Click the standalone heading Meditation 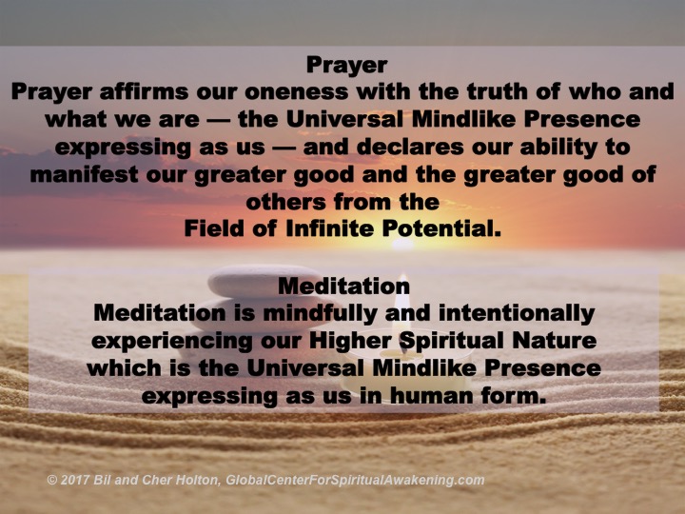343,285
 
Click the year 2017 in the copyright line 76,480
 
